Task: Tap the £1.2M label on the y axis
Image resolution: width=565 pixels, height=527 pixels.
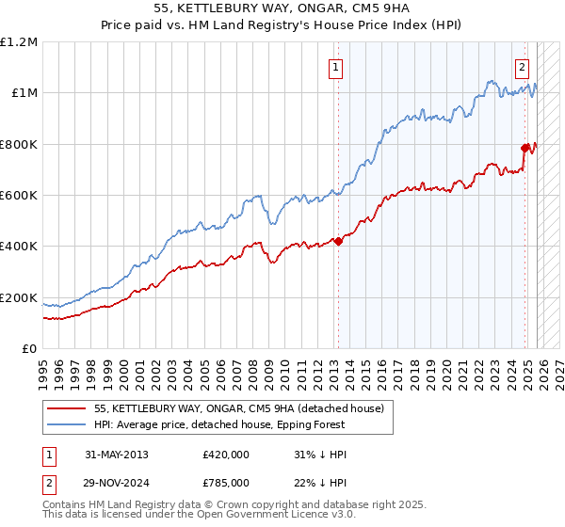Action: tap(19, 42)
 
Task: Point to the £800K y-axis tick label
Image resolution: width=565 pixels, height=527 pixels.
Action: tap(19, 145)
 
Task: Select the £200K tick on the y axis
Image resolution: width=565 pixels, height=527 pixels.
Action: tap(19, 298)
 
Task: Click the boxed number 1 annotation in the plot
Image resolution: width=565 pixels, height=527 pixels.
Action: tap(335, 67)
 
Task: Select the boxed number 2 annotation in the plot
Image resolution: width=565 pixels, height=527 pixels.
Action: tap(522, 67)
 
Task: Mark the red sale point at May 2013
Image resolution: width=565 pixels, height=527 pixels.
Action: tap(338, 241)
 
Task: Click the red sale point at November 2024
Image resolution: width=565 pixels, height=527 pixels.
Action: tap(525, 148)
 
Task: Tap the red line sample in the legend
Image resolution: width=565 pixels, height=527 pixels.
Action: tap(67, 409)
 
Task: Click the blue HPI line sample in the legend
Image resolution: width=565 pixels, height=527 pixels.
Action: tap(67, 425)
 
